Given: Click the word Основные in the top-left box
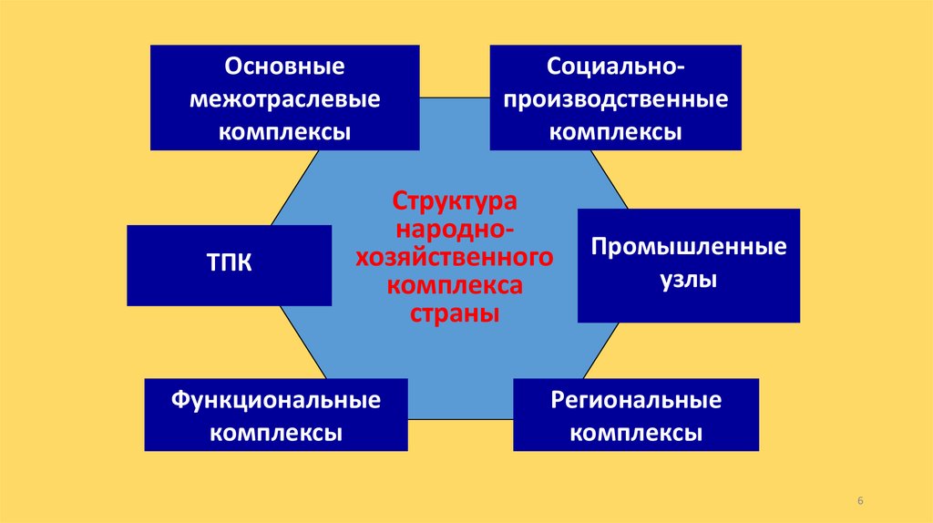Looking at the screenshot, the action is pyautogui.click(x=284, y=67).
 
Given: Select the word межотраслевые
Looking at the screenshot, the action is pyautogui.click(x=284, y=99).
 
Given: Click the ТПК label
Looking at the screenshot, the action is pyautogui.click(x=229, y=265).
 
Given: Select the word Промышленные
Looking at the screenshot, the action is pyautogui.click(x=689, y=248).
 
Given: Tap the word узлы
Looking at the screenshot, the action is pyautogui.click(x=689, y=281).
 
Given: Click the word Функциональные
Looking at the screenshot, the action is pyautogui.click(x=276, y=400).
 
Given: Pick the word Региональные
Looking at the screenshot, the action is pyautogui.click(x=636, y=400).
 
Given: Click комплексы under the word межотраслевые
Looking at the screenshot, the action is pyautogui.click(x=284, y=131).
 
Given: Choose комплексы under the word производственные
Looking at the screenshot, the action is pyautogui.click(x=616, y=131).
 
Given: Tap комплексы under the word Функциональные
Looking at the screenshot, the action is pyautogui.click(x=276, y=432).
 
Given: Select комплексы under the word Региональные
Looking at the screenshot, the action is pyautogui.click(x=636, y=432).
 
